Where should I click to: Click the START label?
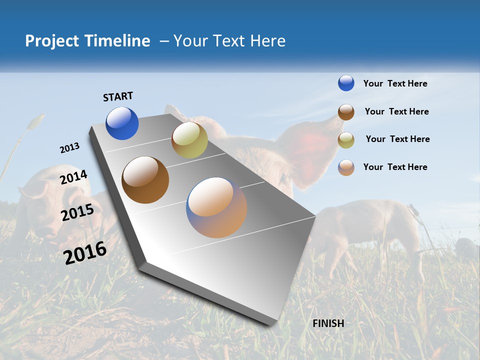tap(118, 96)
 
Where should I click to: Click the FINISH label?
tap(328, 323)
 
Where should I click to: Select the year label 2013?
tap(69, 148)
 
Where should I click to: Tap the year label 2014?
tap(73, 177)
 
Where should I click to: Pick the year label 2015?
tap(77, 212)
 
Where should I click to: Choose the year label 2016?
tap(85, 252)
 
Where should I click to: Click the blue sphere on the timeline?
tap(122, 123)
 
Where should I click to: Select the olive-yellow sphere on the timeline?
tap(189, 140)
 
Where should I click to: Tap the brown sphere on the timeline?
tap(145, 180)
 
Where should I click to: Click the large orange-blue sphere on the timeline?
tap(216, 207)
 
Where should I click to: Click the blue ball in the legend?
tap(346, 83)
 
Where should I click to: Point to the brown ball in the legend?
tap(346, 111)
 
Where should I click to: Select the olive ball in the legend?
tap(346, 139)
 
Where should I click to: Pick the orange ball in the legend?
tap(346, 167)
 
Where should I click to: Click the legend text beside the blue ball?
tap(395, 83)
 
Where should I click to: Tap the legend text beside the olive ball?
tap(397, 139)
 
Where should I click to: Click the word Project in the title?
tap(52, 41)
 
